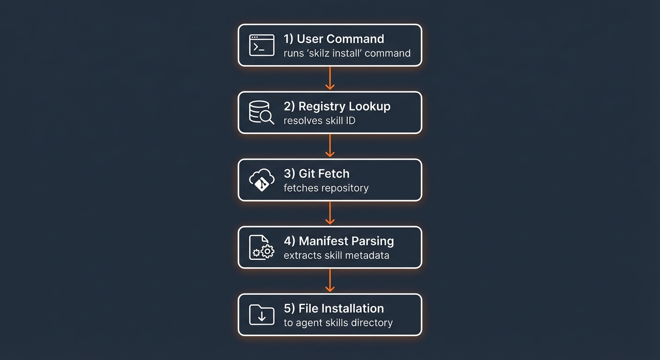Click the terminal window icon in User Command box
[x=262, y=45]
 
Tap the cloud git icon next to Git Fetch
[x=262, y=180]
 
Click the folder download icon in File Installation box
[x=262, y=315]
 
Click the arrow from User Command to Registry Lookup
[x=330, y=78]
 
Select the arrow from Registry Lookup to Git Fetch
[x=330, y=146]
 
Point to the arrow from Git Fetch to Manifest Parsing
[x=330, y=213]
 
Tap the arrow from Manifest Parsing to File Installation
[x=330, y=281]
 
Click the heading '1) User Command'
[x=334, y=39]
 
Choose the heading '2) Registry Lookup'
[x=337, y=106]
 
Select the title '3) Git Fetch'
[x=316, y=174]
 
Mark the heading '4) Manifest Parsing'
[x=339, y=241]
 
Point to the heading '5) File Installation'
[x=334, y=309]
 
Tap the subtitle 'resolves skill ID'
[x=319, y=121]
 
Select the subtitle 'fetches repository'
[x=326, y=188]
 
